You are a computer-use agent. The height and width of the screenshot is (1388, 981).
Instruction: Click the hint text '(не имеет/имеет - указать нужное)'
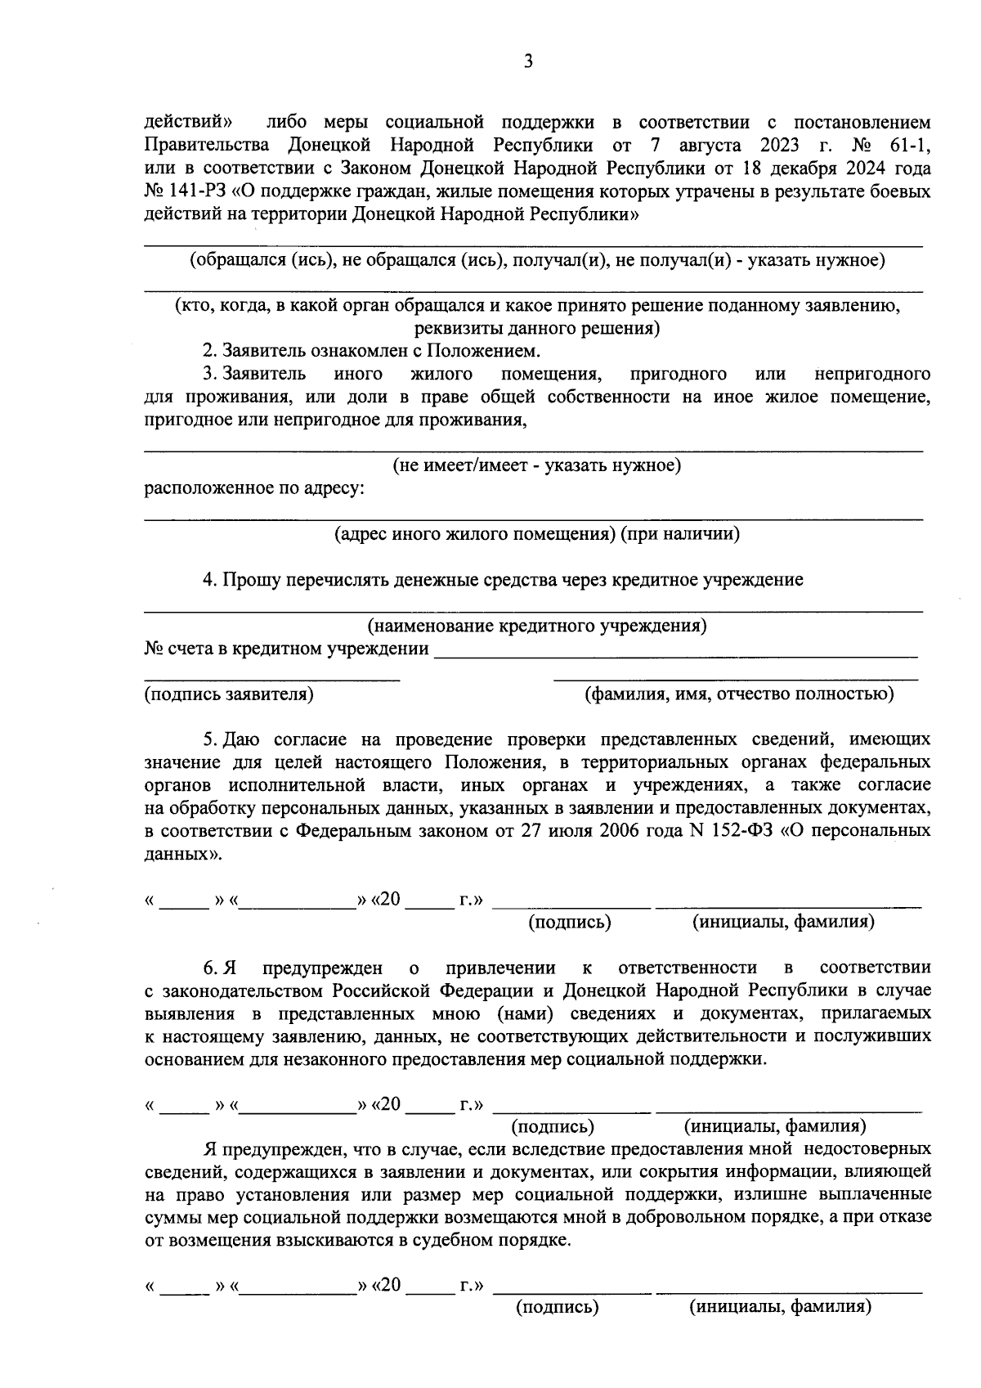pos(537,466)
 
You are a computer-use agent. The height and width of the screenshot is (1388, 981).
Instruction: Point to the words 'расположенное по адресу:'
pos(254,489)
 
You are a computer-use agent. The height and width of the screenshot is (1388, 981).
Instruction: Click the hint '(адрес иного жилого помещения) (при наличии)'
pos(537,534)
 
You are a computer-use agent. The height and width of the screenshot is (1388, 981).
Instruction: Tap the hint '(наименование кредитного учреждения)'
pos(537,627)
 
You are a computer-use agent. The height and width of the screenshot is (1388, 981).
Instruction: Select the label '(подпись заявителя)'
pos(229,694)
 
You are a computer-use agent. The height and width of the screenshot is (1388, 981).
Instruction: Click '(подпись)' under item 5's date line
pos(570,923)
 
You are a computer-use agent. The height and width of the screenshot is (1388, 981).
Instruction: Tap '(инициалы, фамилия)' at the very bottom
pos(781,1307)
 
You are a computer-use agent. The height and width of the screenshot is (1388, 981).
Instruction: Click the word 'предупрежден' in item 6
pos(322,968)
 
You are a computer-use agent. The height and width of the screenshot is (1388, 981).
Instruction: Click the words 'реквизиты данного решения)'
pos(537,329)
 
